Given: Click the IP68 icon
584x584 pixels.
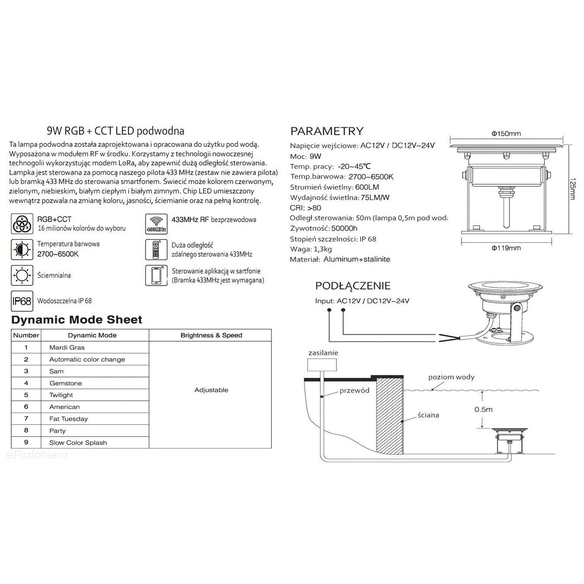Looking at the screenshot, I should click(21, 301).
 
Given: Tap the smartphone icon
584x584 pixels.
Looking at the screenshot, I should click(156, 275).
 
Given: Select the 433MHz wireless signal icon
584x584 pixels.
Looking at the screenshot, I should click(156, 224).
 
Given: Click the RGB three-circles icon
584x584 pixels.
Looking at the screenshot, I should click(22, 224).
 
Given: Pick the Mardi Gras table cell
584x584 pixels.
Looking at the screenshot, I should click(67, 348).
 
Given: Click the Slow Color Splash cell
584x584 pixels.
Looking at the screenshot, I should click(78, 443).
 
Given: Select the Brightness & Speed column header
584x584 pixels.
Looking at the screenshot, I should click(211, 336).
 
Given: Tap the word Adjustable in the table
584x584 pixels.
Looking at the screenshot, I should click(211, 390).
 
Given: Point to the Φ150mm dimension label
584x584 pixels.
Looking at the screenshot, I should click(506, 134).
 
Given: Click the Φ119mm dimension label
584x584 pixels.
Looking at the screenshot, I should click(506, 248).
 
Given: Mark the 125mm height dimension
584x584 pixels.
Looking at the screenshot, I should click(572, 189).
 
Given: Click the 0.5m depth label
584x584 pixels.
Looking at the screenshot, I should click(483, 410).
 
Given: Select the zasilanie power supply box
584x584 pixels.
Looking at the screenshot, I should click(323, 365).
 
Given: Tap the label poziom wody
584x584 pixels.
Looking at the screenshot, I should click(451, 377).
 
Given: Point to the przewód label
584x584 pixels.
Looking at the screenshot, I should click(354, 390).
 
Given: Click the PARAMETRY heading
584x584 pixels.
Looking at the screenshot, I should click(327, 131).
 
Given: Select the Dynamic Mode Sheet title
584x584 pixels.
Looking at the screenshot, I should click(77, 320).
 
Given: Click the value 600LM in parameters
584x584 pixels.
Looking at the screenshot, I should click(367, 187).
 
